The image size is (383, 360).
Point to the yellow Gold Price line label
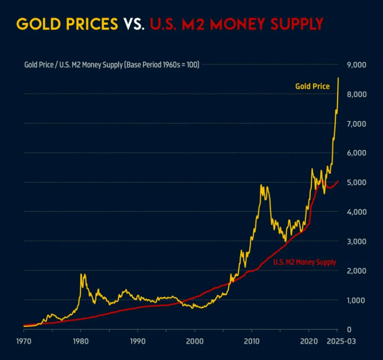point(312,86)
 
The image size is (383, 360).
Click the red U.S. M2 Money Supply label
point(304,262)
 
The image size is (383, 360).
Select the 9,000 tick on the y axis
point(356,64)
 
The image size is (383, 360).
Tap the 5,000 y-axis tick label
point(356,182)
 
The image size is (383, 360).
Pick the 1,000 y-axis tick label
point(356,300)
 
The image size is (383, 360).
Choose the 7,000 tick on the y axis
point(356,123)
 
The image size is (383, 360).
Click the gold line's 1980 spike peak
point(81,274)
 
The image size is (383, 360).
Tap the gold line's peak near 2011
point(261,185)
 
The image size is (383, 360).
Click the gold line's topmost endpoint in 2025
point(338,78)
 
